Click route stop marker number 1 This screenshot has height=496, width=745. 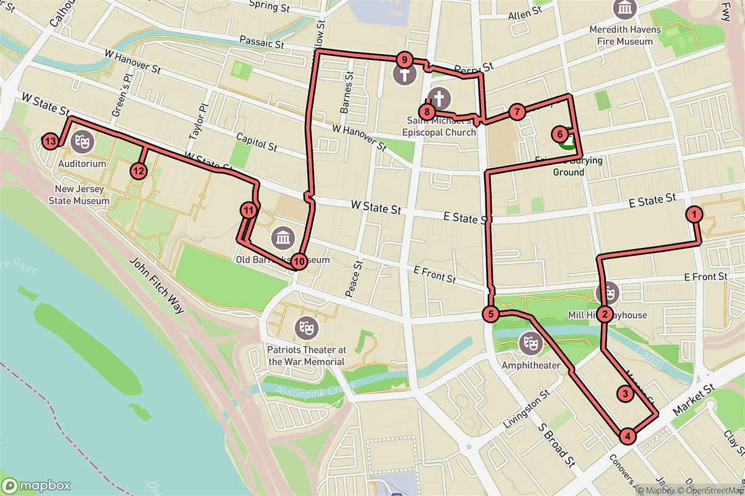[x=693, y=215]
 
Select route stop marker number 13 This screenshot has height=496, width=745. [x=52, y=142]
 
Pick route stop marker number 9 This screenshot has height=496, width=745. [x=404, y=60]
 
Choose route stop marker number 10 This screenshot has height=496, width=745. [x=299, y=262]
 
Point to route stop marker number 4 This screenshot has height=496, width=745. [x=628, y=436]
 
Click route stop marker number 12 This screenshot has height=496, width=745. [x=138, y=170]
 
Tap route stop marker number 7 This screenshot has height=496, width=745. [x=517, y=112]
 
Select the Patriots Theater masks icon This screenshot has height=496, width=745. [x=305, y=325]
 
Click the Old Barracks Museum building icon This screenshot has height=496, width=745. [x=283, y=236]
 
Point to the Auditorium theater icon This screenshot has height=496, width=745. [x=79, y=141]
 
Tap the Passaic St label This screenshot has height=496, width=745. [x=261, y=45]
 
